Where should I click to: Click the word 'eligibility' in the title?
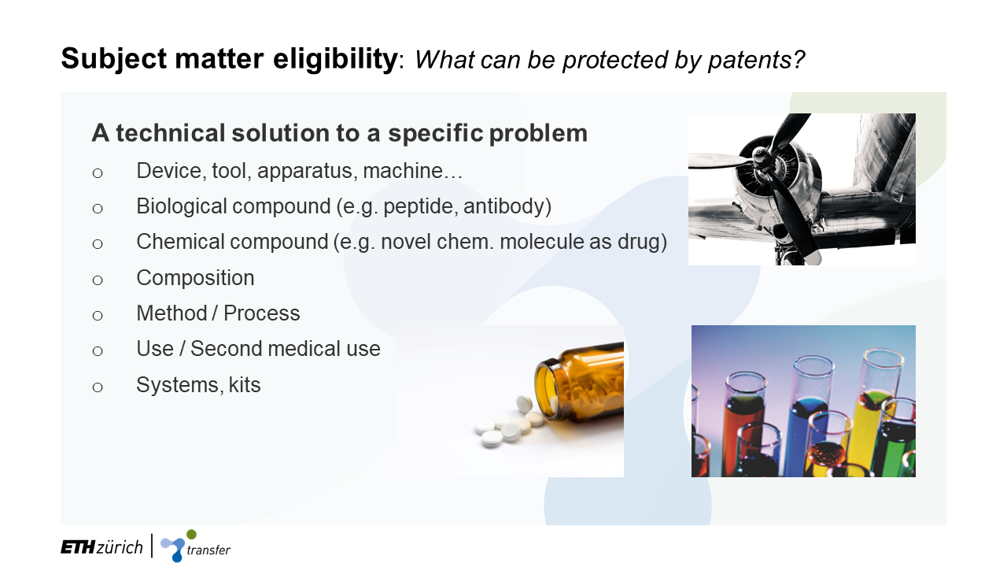tap(335, 59)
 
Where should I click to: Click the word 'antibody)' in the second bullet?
tap(507, 206)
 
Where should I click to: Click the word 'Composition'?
tap(195, 278)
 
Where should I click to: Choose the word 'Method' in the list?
tap(172, 313)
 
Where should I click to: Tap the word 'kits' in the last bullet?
tap(245, 385)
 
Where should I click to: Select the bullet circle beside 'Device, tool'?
tap(98, 173)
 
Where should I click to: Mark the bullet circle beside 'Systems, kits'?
tap(98, 387)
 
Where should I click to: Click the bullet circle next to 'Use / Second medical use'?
tap(98, 351)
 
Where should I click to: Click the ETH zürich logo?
tap(101, 547)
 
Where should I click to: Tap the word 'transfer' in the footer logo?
tap(208, 550)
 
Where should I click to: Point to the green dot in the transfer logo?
tap(191, 535)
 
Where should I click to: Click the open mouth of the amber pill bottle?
tap(545, 387)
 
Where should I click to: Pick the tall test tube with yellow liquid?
tap(876, 405)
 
